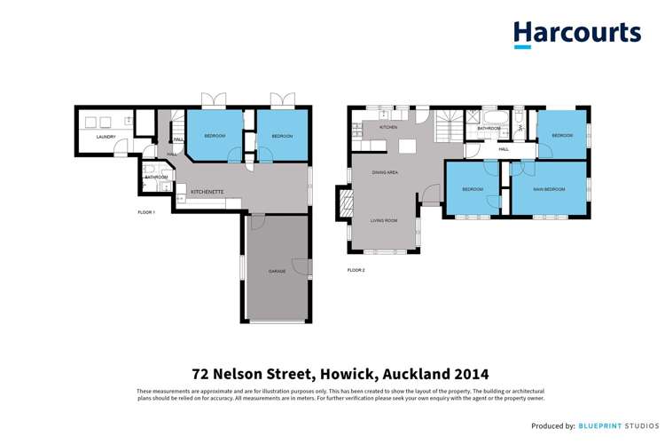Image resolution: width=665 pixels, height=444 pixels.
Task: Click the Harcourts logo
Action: [576, 34]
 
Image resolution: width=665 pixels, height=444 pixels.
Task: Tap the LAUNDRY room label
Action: [106, 137]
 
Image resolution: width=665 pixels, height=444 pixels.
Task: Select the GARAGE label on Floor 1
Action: [278, 271]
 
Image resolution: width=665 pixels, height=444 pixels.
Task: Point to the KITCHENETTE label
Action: [207, 192]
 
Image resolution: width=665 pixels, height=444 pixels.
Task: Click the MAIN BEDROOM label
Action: [550, 189]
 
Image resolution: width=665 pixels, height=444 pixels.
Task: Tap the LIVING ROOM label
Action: [384, 219]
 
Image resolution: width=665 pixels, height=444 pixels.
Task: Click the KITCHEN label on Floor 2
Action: [388, 128]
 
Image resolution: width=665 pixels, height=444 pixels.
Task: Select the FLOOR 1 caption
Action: [146, 213]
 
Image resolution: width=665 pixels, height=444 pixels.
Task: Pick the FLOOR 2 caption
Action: [356, 270]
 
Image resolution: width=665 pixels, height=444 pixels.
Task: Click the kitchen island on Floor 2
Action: [408, 147]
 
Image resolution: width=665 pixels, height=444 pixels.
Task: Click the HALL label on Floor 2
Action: [504, 149]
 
